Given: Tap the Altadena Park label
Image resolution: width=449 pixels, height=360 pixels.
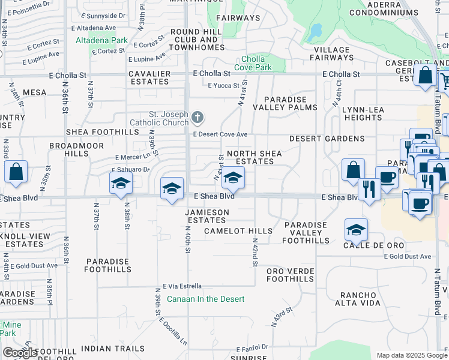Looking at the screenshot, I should (x=101, y=41).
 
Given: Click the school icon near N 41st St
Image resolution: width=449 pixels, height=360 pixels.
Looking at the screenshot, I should (x=233, y=178).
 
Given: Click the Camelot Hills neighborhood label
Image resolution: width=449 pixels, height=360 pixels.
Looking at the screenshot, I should (x=238, y=231).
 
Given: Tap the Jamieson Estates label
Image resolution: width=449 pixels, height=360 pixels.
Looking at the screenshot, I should (x=207, y=216).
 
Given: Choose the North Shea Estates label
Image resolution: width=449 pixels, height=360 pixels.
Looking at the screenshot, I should (x=255, y=157).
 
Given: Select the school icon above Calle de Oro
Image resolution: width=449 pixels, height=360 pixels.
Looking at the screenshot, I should (x=356, y=229).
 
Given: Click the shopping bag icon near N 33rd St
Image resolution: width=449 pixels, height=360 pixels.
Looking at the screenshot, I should (x=16, y=172).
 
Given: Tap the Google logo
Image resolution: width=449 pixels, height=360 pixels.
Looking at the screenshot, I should (x=20, y=353).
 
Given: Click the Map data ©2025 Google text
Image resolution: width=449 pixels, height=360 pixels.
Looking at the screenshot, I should (x=412, y=355).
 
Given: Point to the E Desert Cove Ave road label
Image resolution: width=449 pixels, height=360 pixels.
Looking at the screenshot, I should (x=220, y=134).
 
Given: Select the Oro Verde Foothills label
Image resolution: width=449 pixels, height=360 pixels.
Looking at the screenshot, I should (x=290, y=275).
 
